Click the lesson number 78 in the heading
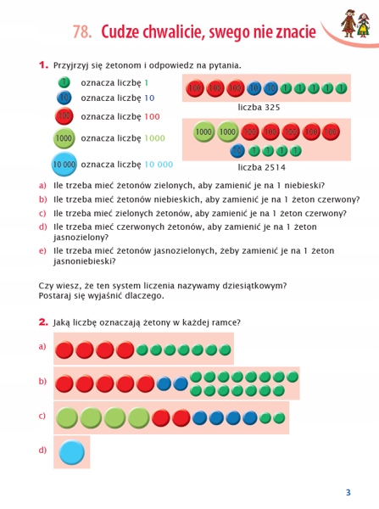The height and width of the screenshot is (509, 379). pos(82,32)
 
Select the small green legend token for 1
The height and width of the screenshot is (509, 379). pos(64,82)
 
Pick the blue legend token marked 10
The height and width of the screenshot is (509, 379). pos(64,98)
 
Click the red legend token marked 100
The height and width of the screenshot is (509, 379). pos(64,117)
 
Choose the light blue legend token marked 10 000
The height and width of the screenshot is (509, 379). pos(64,164)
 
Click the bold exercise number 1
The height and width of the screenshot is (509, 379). pos(42,64)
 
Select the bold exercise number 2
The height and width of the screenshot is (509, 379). pos(42,322)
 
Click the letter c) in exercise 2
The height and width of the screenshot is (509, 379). pos(42,416)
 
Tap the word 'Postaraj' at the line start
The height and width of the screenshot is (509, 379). pos(58,297)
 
